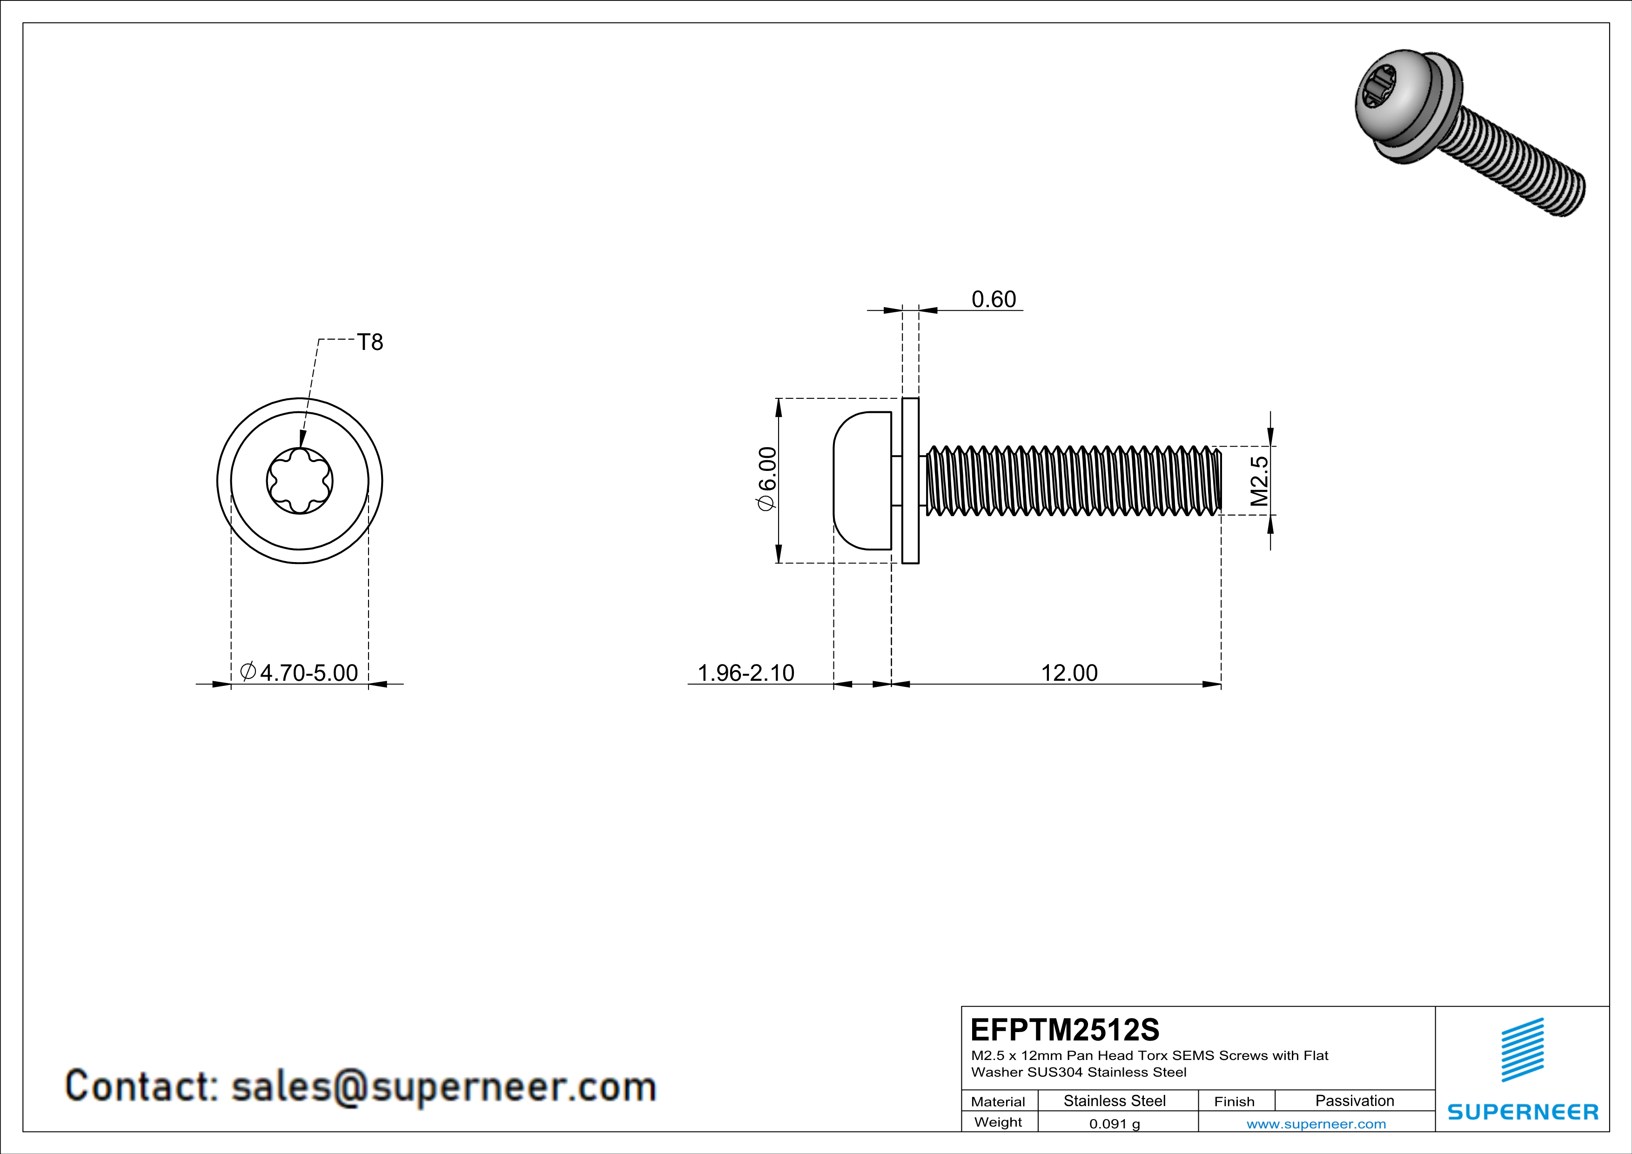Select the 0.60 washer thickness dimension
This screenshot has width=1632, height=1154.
[x=994, y=299]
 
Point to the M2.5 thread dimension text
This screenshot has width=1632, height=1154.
[x=1259, y=480]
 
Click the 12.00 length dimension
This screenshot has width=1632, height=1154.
[x=1069, y=672]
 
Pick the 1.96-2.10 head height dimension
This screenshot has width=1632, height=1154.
[x=745, y=672]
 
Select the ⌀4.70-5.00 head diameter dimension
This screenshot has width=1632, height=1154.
[x=299, y=672]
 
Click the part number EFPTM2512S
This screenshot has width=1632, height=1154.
[x=1065, y=1030]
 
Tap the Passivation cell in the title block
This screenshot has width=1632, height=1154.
[x=1355, y=1100]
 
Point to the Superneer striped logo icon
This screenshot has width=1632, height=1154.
[x=1523, y=1050]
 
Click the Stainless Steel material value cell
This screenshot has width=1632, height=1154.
[x=1115, y=1100]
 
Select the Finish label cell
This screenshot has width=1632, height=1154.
[x=1235, y=1101]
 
